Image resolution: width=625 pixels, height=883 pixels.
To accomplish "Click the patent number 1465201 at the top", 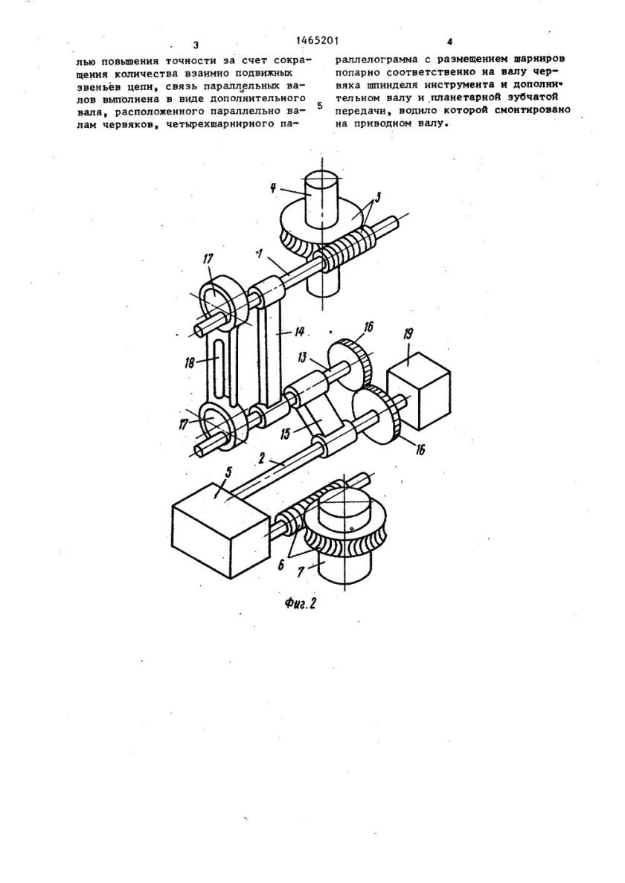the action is (x=317, y=40).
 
